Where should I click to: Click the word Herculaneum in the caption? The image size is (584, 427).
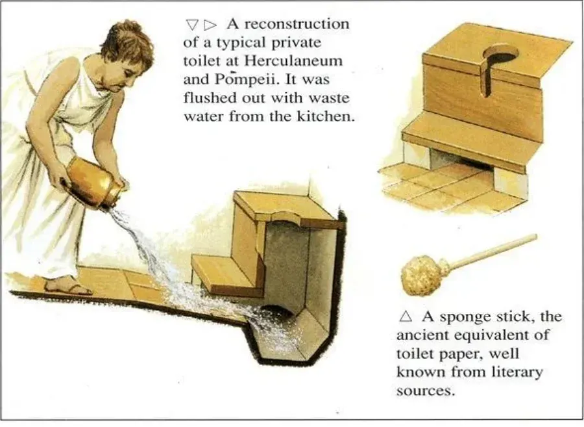[x=293, y=61]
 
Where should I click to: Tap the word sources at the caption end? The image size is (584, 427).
[x=425, y=391]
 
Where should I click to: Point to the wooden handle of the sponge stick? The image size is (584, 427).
[x=492, y=250]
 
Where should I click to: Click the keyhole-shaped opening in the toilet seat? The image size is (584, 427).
[x=497, y=64]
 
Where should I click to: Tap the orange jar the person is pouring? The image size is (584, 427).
[x=93, y=181]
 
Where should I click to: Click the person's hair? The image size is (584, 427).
[x=129, y=45]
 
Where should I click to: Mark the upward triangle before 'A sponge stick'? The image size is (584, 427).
[x=406, y=317]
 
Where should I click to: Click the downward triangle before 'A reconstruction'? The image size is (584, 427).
[x=192, y=25]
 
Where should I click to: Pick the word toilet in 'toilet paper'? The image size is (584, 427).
[x=413, y=353]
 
